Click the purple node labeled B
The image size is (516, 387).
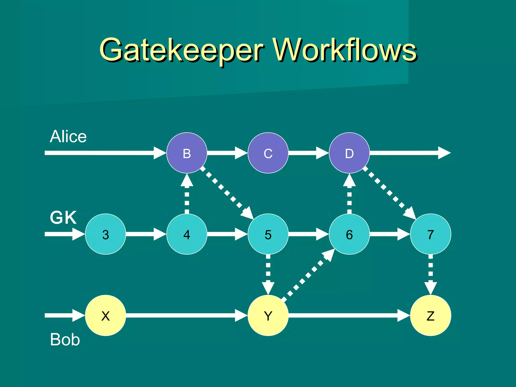tap(187, 153)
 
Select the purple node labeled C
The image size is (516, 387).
tap(268, 153)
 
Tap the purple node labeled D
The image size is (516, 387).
tap(349, 153)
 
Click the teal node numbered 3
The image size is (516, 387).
tap(106, 234)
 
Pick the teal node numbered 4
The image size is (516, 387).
tap(187, 234)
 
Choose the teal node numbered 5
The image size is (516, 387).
tap(268, 234)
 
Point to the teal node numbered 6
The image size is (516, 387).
tap(349, 234)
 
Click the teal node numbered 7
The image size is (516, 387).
tap(431, 234)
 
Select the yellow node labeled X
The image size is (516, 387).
tap(106, 315)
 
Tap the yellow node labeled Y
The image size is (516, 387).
tap(268, 315)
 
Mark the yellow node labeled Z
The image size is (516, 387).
tap(431, 315)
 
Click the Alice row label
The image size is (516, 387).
tap(68, 137)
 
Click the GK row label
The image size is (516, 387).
tap(63, 217)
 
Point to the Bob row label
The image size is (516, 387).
tap(65, 340)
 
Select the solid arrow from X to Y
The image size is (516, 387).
tap(186, 315)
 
